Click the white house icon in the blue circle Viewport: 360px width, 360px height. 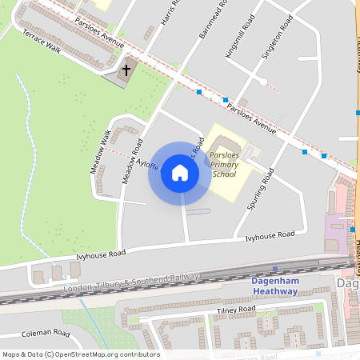[x=180, y=173]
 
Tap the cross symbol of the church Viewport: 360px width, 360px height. [x=126, y=71]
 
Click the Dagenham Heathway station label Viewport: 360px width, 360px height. [x=275, y=286]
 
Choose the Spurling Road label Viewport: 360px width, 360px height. [x=261, y=189]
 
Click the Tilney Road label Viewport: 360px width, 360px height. [x=234, y=310]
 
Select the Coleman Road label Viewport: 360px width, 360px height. [x=47, y=333]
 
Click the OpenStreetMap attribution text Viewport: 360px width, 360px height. [x=81, y=354]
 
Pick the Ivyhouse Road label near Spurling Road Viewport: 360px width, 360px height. [x=270, y=235]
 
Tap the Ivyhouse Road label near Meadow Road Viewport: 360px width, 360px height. [x=102, y=254]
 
